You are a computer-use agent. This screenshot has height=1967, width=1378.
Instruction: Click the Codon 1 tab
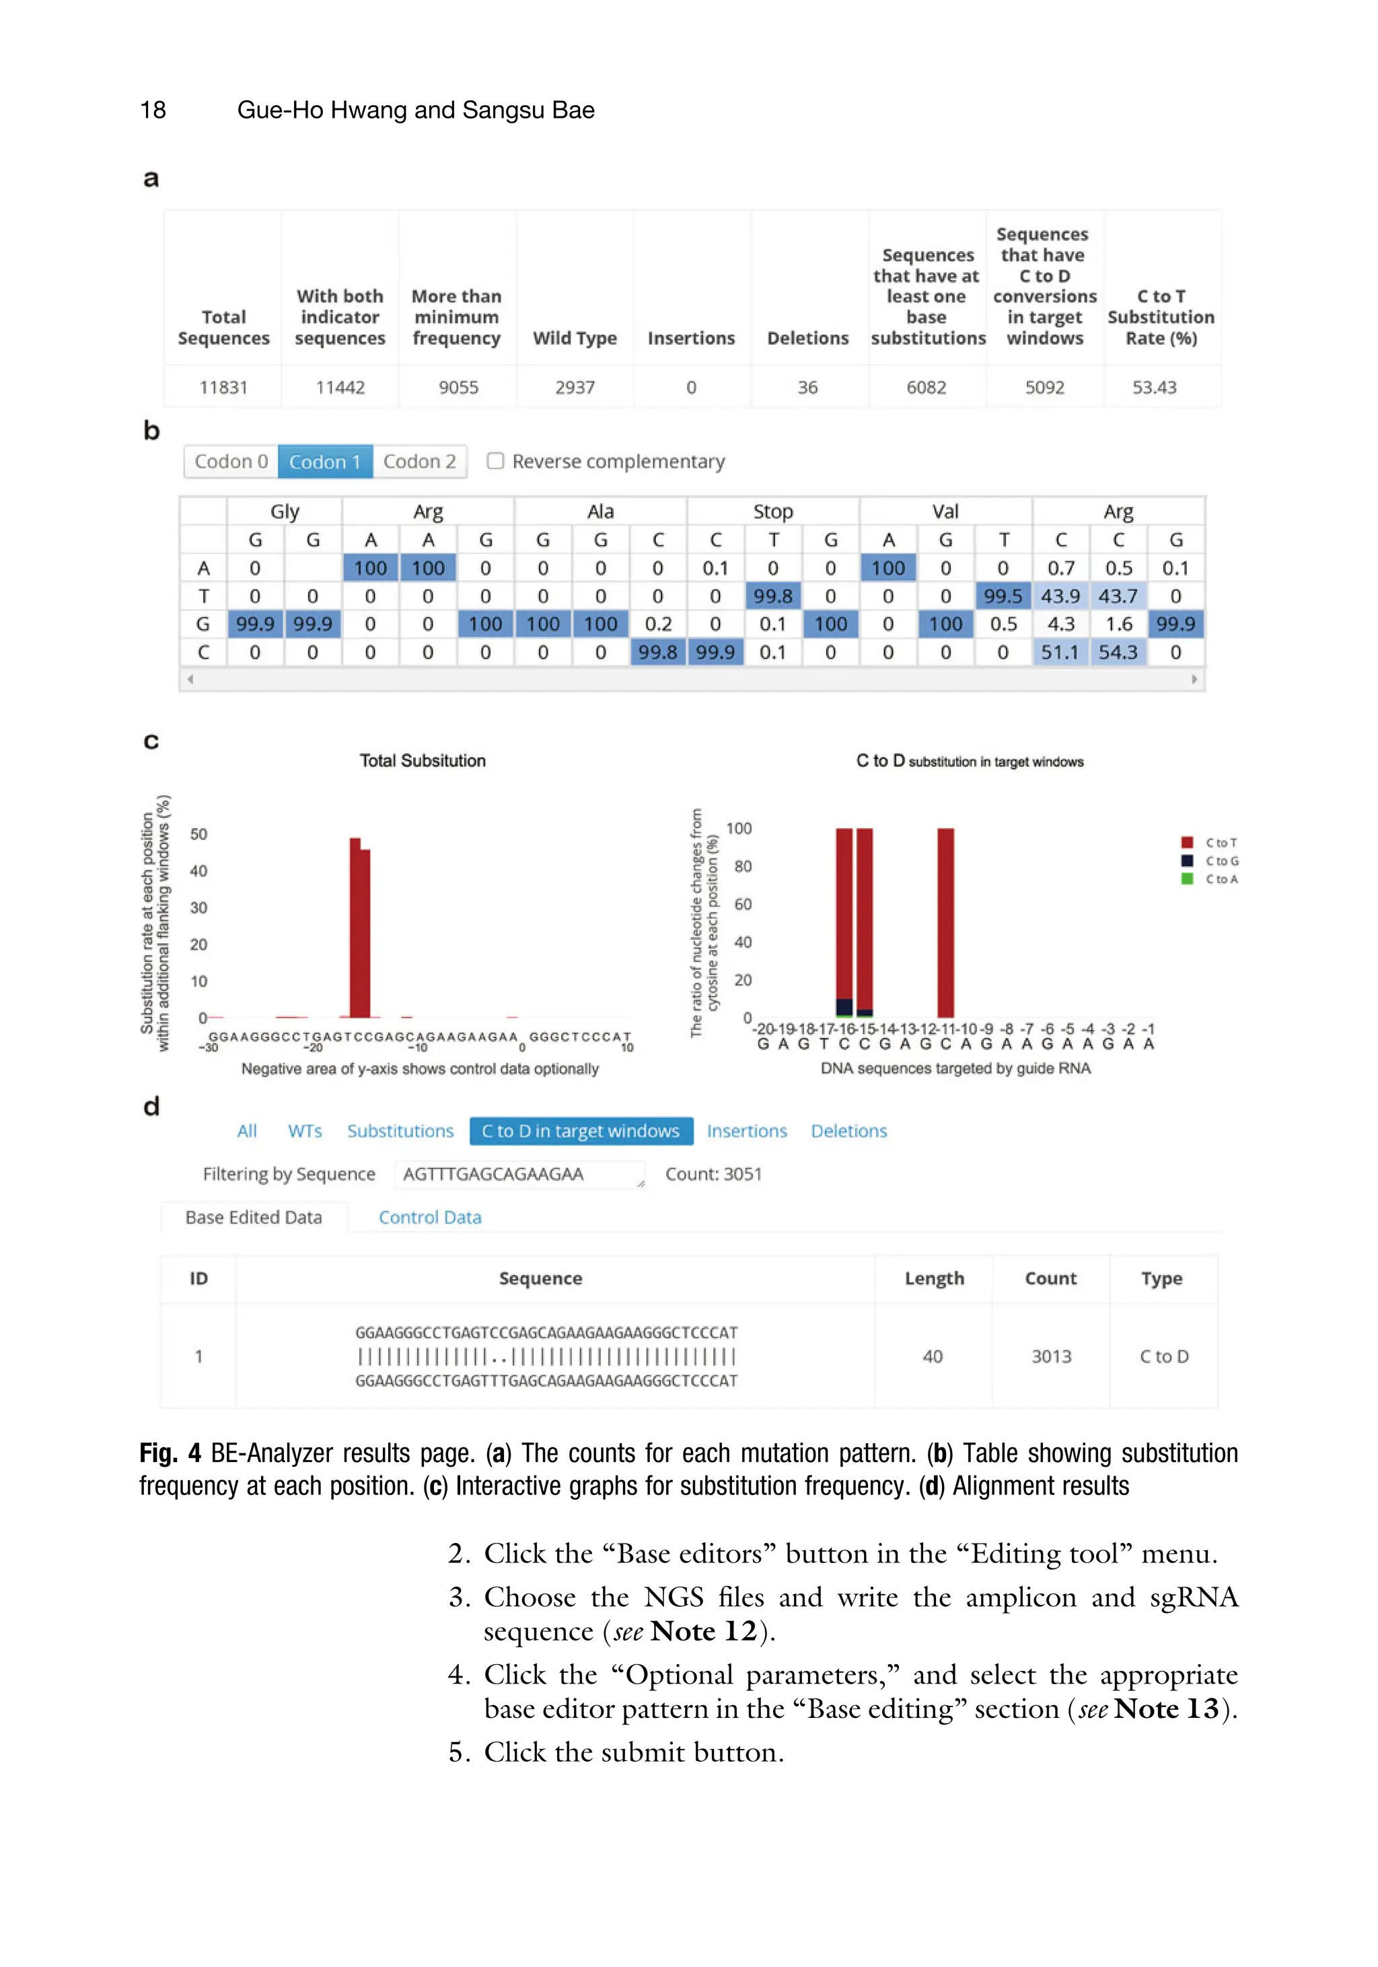(x=324, y=462)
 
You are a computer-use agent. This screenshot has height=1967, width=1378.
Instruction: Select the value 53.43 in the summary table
(x=1154, y=387)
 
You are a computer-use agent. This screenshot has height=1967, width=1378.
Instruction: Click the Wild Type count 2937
(x=575, y=387)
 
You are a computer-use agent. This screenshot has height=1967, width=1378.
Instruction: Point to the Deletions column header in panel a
(x=807, y=339)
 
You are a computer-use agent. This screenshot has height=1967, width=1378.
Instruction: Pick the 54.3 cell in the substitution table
(x=1118, y=652)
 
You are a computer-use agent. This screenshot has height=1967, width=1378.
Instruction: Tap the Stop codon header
(x=772, y=512)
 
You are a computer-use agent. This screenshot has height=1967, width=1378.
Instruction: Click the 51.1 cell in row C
(x=1060, y=652)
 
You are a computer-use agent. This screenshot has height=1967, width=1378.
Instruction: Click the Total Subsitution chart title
(x=423, y=761)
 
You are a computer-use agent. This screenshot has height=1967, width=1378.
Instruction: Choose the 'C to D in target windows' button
(x=581, y=1131)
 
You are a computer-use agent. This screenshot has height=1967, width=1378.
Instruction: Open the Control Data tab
(x=430, y=1217)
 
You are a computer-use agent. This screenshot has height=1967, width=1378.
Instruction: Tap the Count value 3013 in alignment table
(x=1051, y=1356)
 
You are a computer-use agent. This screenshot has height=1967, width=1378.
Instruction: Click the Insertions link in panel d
(x=746, y=1131)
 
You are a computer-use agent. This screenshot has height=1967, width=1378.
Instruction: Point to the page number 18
(x=153, y=110)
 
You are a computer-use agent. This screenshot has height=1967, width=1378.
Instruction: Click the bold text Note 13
(x=1167, y=1709)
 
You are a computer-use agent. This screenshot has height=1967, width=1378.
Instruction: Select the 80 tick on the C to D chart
(x=743, y=866)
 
